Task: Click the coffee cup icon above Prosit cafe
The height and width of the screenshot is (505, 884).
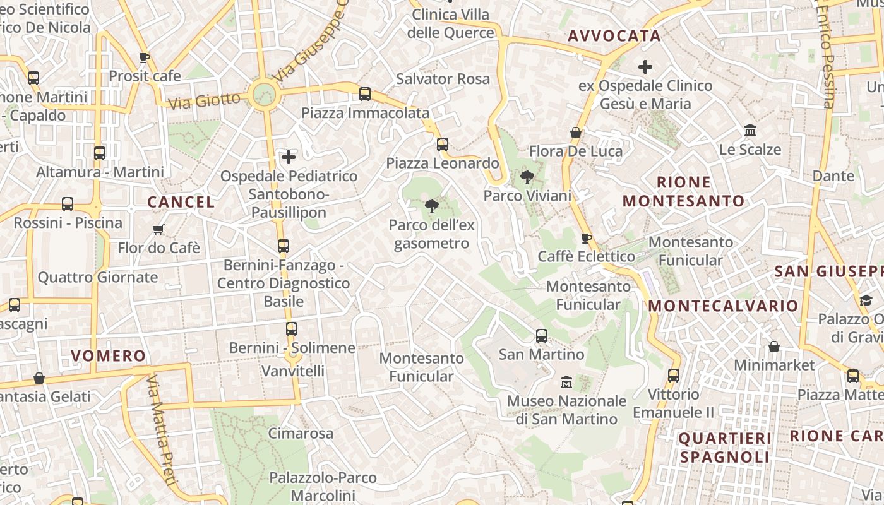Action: pos(145,57)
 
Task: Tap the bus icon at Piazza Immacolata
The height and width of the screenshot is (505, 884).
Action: pos(365,94)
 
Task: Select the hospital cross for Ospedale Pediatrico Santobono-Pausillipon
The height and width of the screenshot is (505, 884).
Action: pos(289,157)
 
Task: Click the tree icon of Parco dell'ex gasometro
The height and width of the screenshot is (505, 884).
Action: pos(432,206)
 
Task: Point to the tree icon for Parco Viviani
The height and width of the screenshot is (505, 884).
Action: pos(527,177)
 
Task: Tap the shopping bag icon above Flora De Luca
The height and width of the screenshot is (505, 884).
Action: pos(576,133)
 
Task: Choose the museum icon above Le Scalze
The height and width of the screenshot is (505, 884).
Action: pos(751,131)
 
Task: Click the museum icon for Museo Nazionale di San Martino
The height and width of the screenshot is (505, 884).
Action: pos(566,382)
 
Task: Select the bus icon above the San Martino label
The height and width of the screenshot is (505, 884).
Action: pos(542,336)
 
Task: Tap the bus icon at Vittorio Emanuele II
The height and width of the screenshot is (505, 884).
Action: pos(674,376)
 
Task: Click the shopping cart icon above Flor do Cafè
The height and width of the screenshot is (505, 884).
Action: pos(158,229)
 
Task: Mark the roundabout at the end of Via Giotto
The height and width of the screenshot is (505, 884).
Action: pos(263,95)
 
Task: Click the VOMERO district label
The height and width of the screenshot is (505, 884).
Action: pos(109,355)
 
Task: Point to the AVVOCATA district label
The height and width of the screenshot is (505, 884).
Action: pos(614,36)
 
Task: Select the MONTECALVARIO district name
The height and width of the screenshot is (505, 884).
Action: pos(723,306)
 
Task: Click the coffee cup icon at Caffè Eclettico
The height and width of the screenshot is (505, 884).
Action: pos(586,238)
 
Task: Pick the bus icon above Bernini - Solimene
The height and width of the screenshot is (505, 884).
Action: pos(291,329)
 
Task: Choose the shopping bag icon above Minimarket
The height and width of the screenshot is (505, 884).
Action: pos(773,347)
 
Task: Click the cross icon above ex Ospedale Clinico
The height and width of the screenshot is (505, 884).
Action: pos(645,66)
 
